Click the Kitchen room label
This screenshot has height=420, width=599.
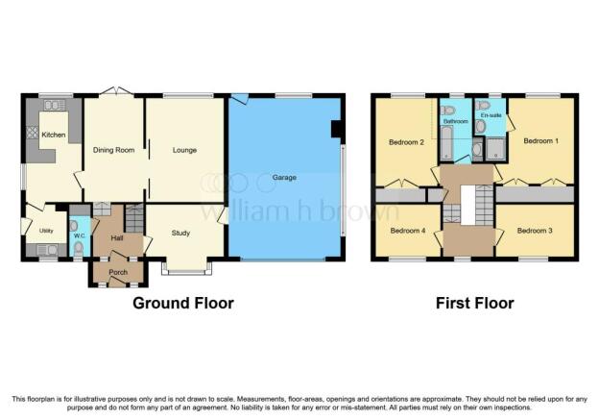point(54,135)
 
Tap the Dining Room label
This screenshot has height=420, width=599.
point(114,150)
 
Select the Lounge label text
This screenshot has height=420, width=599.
point(184,150)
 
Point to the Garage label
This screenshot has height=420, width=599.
point(284,178)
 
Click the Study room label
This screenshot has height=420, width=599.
point(180,233)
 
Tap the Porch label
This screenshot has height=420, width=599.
point(118,272)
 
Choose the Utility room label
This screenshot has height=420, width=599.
point(46,231)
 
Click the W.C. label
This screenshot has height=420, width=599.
point(80,235)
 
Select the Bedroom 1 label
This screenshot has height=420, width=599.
point(541,140)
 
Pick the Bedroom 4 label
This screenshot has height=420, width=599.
point(408,231)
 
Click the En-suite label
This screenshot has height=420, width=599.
point(491,115)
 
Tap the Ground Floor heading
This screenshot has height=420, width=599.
point(183,303)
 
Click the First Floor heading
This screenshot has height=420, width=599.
point(475,303)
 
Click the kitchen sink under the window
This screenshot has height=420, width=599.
point(55,105)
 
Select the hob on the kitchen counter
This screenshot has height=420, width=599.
point(32,133)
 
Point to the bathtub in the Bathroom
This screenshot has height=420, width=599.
point(446,143)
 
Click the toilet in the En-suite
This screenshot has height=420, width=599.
point(484,105)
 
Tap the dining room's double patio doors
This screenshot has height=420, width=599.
point(117,90)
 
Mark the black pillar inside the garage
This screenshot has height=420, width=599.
point(335,129)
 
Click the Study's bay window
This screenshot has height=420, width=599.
point(186,269)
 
